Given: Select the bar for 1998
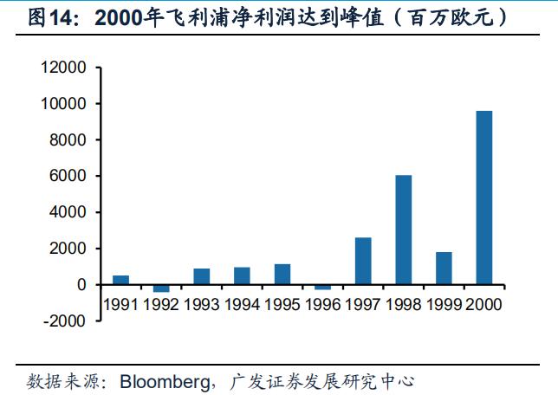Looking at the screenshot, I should pyautogui.click(x=403, y=230).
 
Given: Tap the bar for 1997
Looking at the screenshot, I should pyautogui.click(x=363, y=261).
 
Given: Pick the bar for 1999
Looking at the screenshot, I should pyautogui.click(x=444, y=268).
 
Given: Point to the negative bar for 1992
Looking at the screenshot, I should pyautogui.click(x=161, y=288).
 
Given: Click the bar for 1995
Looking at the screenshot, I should pyautogui.click(x=282, y=274).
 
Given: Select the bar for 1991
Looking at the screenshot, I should pyautogui.click(x=120, y=280).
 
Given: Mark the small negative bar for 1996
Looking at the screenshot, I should pyautogui.click(x=322, y=287).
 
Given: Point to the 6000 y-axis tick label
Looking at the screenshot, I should pyautogui.click(x=68, y=176).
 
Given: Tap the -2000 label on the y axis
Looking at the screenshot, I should pyautogui.click(x=66, y=321).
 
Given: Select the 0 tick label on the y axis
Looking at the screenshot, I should pyautogui.click(x=81, y=284).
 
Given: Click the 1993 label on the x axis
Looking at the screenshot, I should pyautogui.click(x=201, y=304).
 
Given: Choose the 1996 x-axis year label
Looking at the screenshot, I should pyautogui.click(x=322, y=304).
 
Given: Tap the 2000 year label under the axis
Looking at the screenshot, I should pyautogui.click(x=484, y=304).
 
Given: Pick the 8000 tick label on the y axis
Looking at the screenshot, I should pyautogui.click(x=68, y=139).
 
